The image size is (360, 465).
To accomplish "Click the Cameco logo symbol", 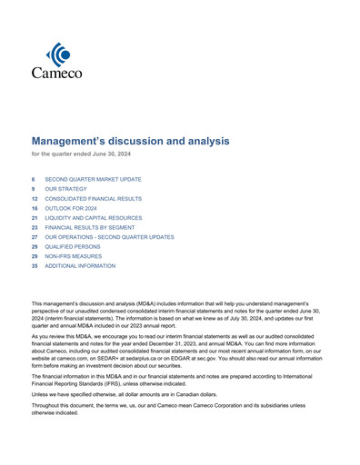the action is (57, 54).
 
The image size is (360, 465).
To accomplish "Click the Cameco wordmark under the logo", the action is (57, 73).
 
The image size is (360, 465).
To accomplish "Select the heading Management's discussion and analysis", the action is (131, 142).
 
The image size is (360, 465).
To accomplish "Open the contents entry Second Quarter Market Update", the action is (93, 180).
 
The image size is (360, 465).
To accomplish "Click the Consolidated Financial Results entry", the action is (93, 197).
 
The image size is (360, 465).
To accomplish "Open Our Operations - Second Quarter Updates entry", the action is (109, 236).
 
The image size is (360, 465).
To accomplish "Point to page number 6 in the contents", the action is (34, 180).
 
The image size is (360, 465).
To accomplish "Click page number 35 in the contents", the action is (35, 266).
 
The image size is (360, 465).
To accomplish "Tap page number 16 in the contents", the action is (35, 206).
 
